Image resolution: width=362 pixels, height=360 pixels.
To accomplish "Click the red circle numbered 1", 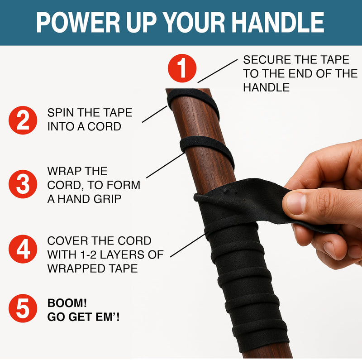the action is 182,68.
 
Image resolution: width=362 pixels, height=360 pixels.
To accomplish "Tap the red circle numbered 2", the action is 23,120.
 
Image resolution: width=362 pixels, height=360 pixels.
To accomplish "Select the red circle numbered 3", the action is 23,184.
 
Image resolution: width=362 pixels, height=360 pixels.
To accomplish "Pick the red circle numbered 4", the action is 23,249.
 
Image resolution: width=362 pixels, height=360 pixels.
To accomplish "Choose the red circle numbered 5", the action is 23,308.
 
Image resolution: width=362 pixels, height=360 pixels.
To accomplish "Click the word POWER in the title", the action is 78,22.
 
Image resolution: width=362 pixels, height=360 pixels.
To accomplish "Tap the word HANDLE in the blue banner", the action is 278,22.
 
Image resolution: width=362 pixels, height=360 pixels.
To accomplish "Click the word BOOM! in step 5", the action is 67,303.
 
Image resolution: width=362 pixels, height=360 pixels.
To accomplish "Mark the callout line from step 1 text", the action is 218,71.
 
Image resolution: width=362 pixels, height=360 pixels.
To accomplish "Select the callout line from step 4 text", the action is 188,245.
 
